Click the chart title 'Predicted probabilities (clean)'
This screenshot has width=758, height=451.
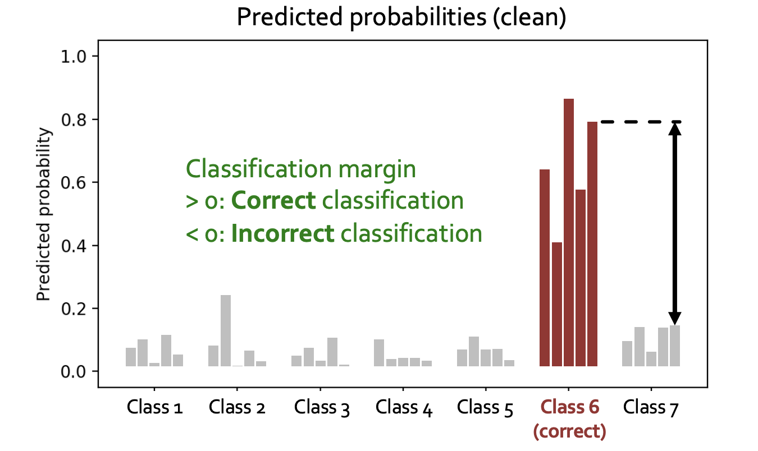[401, 17]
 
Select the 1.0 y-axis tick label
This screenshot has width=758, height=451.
[74, 57]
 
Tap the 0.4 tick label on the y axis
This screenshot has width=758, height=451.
[74, 246]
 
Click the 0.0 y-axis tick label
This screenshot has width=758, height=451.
[74, 372]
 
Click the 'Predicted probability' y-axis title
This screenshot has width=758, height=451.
[44, 214]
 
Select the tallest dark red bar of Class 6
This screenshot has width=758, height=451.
[568, 232]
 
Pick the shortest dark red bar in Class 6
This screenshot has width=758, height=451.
[556, 304]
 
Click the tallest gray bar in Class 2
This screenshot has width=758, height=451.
[226, 330]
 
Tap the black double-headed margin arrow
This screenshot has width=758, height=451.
[675, 223]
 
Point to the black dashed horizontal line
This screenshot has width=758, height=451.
[641, 122]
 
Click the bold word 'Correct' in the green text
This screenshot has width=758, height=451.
[273, 201]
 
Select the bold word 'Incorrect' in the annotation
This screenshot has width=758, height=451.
[283, 233]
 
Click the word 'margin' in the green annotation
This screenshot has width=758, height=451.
[377, 171]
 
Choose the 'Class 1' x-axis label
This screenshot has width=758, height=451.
[154, 407]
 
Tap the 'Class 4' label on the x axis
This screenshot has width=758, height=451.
[404, 408]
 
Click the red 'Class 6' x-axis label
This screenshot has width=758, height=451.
[570, 407]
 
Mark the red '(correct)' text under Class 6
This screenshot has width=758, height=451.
[569, 431]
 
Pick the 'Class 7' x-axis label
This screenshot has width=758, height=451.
[651, 408]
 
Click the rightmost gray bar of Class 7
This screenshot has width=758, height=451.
[675, 346]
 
